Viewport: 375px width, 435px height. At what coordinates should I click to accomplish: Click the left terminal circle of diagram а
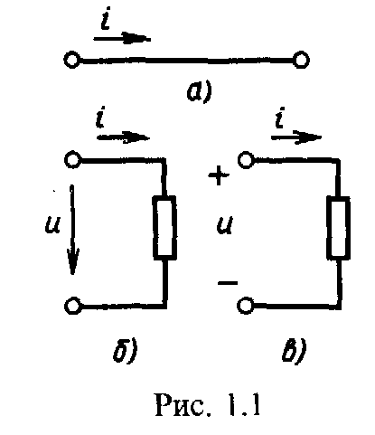pos(71,60)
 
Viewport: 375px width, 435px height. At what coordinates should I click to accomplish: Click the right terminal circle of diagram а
pos(301,60)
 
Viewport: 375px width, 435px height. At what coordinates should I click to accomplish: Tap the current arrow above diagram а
pos(122,38)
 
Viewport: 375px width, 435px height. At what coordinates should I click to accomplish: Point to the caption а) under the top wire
pos(200,91)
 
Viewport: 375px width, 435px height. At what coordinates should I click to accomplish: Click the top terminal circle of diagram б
pos(72,159)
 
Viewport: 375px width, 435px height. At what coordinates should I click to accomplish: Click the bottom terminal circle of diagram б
pos(72,306)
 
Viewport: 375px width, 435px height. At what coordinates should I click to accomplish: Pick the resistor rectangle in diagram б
pos(164,228)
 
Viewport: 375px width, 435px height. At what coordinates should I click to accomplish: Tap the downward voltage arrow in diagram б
pos(72,230)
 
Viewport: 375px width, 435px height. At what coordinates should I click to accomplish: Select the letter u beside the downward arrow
pos(52,224)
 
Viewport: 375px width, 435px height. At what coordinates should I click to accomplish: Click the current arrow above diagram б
pos(123,137)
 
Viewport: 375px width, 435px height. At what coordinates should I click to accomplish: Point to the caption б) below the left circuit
pos(126,350)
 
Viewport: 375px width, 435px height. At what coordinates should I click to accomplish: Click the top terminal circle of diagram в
pos(246,159)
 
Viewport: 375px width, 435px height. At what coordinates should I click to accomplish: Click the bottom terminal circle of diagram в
pos(245,306)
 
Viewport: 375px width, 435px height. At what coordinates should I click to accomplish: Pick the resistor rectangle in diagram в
pos(338,228)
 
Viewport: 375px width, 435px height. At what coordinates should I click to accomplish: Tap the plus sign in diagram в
pos(219,175)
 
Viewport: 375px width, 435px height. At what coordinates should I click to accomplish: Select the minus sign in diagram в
pos(228,283)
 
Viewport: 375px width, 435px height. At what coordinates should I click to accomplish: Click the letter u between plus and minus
pos(224,225)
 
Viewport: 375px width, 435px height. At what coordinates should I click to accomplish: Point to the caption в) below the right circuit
pos(295,350)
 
